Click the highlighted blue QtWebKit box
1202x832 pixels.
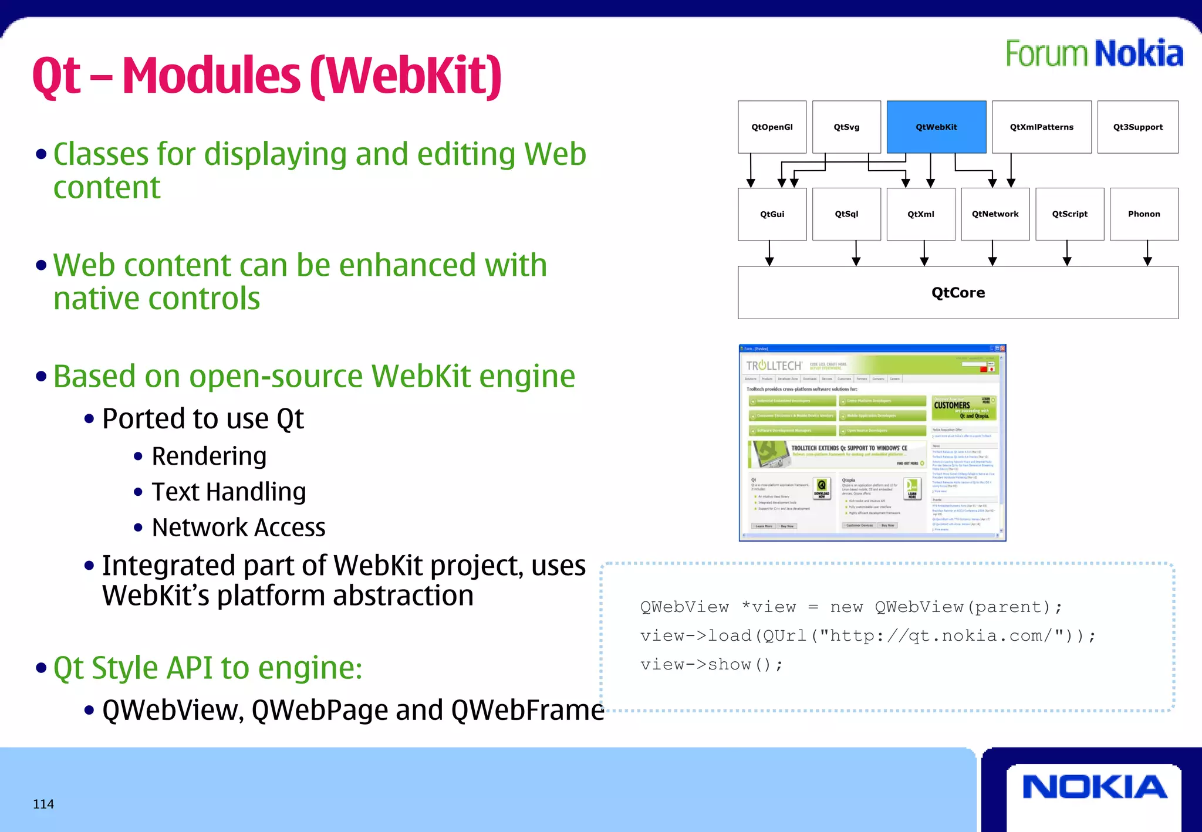[x=936, y=127]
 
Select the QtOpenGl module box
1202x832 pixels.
[x=772, y=127]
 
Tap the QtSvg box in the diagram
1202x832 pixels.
[x=846, y=127]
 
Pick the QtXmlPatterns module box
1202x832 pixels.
[x=1041, y=127]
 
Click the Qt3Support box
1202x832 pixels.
[x=1137, y=127]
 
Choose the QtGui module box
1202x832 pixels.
[x=772, y=214]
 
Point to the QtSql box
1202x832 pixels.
[x=846, y=214]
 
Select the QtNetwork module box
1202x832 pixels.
[x=995, y=214]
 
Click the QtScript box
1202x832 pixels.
[x=1069, y=214]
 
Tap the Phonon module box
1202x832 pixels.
[x=1144, y=214]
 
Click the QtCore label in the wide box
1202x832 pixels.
[x=958, y=293]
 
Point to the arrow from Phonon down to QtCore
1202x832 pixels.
[x=1147, y=253]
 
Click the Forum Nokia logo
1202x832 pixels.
[x=1094, y=54]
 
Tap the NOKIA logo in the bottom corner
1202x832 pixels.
[x=1095, y=787]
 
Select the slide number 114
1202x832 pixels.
[x=43, y=804]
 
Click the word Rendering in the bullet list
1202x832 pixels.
[x=209, y=456]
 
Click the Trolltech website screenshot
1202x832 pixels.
[x=872, y=442]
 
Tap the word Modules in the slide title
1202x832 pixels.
[x=211, y=76]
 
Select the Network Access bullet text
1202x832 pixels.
[x=238, y=527]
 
